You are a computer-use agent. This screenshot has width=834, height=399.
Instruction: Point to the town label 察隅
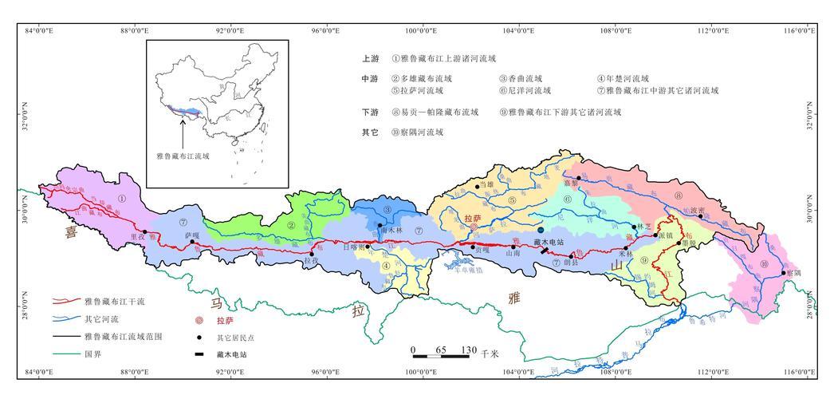793,272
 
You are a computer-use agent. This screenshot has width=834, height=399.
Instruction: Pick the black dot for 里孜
145,232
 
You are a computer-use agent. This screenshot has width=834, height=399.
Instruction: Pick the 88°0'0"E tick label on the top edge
134,31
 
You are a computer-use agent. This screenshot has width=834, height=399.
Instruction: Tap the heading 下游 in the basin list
369,113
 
